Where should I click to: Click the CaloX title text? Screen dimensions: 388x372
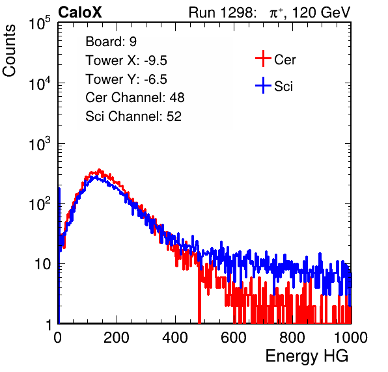(x=80, y=12)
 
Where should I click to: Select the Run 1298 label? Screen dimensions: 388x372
(x=222, y=12)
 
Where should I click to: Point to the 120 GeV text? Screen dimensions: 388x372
(x=322, y=12)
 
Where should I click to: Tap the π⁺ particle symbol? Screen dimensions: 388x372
(x=276, y=13)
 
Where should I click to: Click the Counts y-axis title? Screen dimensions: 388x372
(x=9, y=51)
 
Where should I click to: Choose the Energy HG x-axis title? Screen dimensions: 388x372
(x=307, y=356)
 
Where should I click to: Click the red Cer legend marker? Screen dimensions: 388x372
(x=263, y=59)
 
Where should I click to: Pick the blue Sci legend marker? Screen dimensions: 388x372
(x=263, y=86)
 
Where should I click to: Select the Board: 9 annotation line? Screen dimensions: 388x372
(x=111, y=42)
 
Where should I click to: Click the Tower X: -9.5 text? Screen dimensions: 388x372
(x=126, y=60)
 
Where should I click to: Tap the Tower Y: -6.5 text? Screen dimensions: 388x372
(x=126, y=79)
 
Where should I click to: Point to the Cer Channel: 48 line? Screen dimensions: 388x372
(x=135, y=98)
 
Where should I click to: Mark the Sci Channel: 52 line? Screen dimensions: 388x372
(x=133, y=116)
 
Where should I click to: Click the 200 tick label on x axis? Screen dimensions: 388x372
(x=117, y=338)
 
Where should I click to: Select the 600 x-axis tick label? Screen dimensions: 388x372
(x=234, y=338)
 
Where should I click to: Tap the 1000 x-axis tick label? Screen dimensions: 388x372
(x=351, y=338)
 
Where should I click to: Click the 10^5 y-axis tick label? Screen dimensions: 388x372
(x=40, y=23)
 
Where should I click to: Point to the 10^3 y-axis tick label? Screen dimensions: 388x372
(x=40, y=144)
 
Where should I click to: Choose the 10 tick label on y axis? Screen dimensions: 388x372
(x=42, y=264)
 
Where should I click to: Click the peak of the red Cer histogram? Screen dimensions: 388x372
(x=100, y=170)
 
